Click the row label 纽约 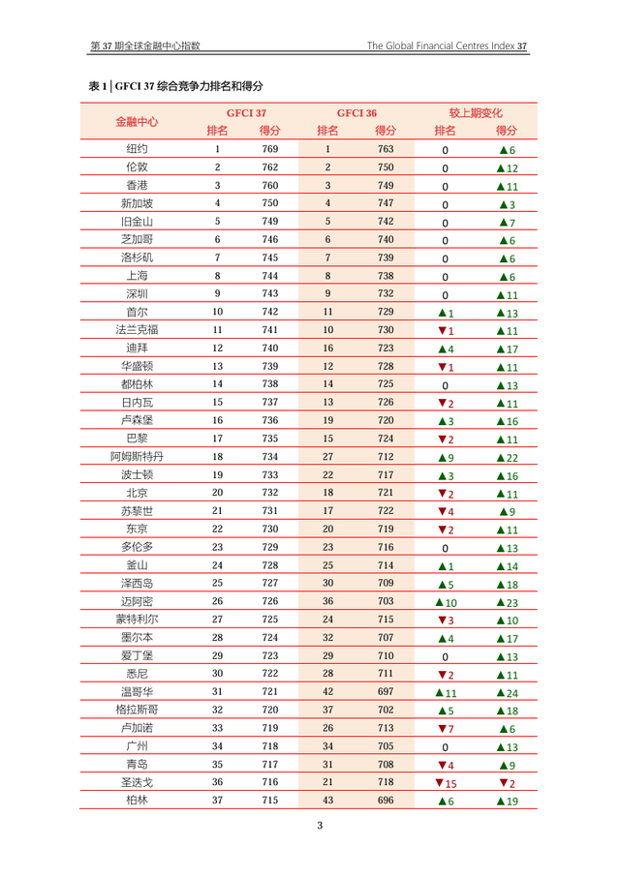point(137,150)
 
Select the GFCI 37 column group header point(246,112)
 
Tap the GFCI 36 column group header point(356,112)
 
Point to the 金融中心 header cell point(137,122)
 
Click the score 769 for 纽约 point(270,150)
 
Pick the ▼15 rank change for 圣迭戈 point(447,782)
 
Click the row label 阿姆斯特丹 point(137,456)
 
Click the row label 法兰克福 point(137,330)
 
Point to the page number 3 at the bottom point(321,826)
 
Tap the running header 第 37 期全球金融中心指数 point(145,45)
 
